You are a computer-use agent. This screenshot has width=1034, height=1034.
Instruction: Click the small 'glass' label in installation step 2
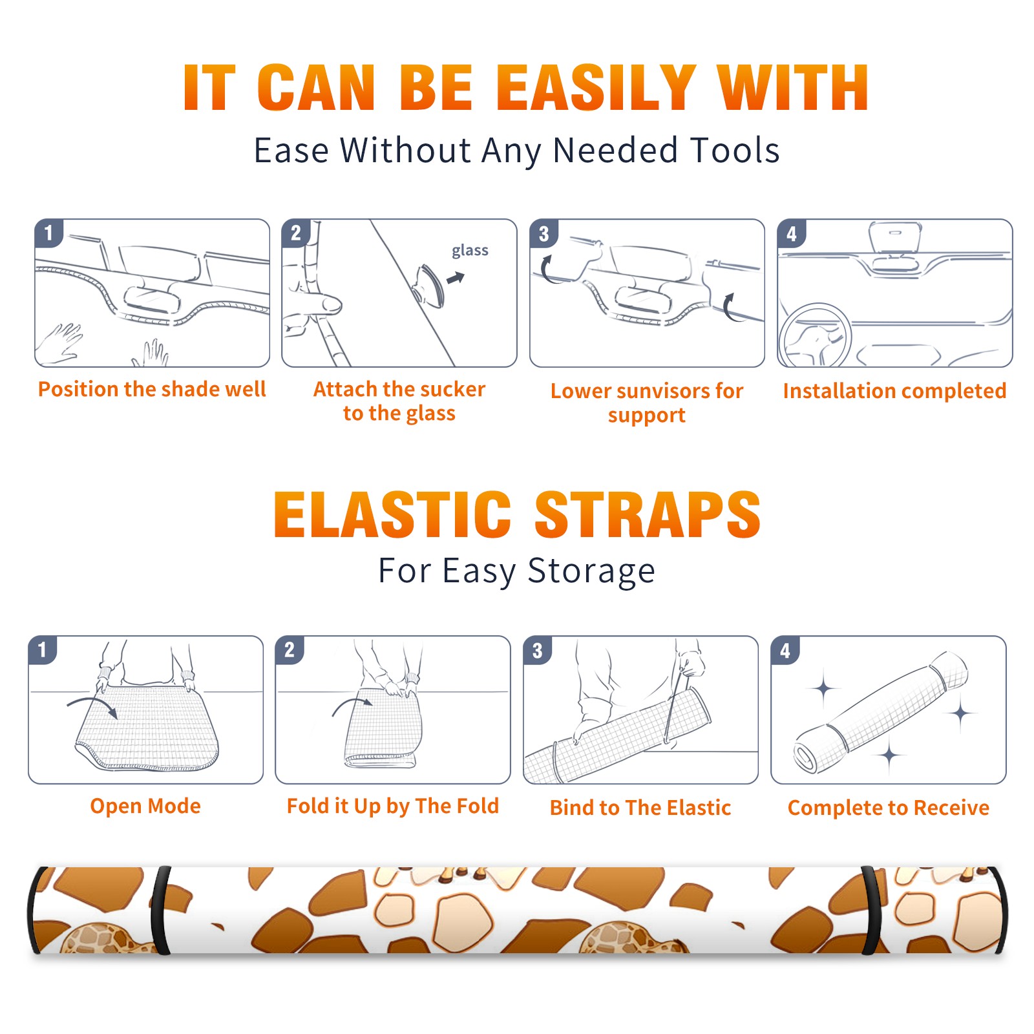click(470, 251)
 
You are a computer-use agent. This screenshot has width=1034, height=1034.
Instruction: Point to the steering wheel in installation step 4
click(815, 336)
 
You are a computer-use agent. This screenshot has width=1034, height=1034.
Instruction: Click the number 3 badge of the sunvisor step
click(543, 233)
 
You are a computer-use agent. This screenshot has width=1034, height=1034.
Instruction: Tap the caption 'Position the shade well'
click(152, 389)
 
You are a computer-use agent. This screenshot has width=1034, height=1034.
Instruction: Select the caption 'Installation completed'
click(894, 391)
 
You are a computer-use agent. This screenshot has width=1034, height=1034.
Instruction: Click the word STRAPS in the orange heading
click(648, 514)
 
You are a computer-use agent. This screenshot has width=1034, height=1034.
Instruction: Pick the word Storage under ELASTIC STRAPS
click(591, 571)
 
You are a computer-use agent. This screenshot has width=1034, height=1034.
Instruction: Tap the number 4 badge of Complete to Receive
click(785, 650)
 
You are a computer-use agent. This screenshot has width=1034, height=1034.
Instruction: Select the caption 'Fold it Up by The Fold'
click(393, 807)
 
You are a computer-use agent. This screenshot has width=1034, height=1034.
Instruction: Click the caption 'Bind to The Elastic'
click(640, 808)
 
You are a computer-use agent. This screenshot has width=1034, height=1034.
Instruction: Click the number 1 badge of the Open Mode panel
click(43, 650)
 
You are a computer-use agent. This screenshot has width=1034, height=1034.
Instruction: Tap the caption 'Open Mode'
click(145, 806)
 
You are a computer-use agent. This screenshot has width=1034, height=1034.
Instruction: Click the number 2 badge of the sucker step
click(296, 233)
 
